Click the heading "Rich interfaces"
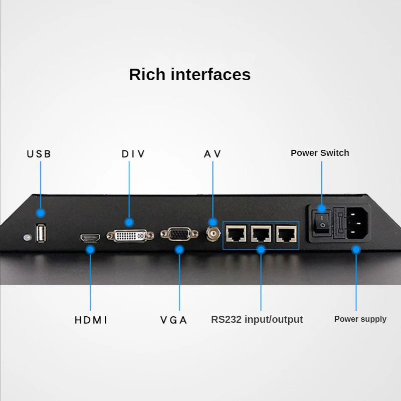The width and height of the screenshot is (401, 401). (189, 74)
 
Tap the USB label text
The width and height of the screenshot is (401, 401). (39, 154)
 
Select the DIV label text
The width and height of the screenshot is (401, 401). (133, 154)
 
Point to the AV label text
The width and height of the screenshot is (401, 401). (213, 154)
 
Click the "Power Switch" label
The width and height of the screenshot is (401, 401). (320, 153)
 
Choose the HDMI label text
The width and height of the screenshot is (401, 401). (91, 320)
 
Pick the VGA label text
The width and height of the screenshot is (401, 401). (173, 320)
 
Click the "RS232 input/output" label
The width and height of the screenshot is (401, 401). (257, 319)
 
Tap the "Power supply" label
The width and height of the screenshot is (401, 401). (360, 319)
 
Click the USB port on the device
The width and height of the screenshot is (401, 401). (41, 233)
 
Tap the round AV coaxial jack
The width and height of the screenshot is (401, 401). (214, 233)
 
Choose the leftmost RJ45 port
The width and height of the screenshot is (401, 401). (236, 233)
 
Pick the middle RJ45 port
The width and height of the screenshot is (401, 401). (261, 233)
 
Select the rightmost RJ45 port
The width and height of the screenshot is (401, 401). (285, 233)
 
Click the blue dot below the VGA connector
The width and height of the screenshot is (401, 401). (179, 249)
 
